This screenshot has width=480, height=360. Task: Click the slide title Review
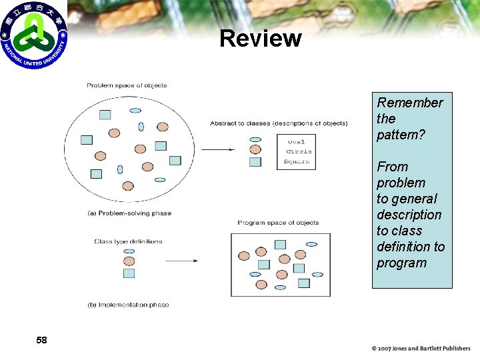pyautogui.click(x=260, y=39)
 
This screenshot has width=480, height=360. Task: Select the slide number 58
pyautogui.click(x=41, y=341)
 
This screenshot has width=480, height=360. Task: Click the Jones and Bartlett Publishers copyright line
pyautogui.click(x=421, y=348)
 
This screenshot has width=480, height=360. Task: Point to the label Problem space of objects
pyautogui.click(x=127, y=85)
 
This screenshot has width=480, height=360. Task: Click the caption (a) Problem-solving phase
pyautogui.click(x=129, y=213)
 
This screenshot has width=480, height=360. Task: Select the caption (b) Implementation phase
pyautogui.click(x=128, y=305)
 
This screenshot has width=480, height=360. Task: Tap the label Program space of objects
pyautogui.click(x=278, y=223)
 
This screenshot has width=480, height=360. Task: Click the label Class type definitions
pyautogui.click(x=128, y=241)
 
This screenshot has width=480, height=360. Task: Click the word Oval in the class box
pyautogui.click(x=296, y=141)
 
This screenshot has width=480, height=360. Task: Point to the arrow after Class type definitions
pyautogui.click(x=181, y=261)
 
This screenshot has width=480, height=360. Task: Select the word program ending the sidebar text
pyautogui.click(x=401, y=263)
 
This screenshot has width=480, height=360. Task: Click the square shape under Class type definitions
pyautogui.click(x=129, y=273)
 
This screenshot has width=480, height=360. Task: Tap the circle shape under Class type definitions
pyautogui.click(x=129, y=262)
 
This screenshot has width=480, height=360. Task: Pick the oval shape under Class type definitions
pyautogui.click(x=129, y=252)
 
